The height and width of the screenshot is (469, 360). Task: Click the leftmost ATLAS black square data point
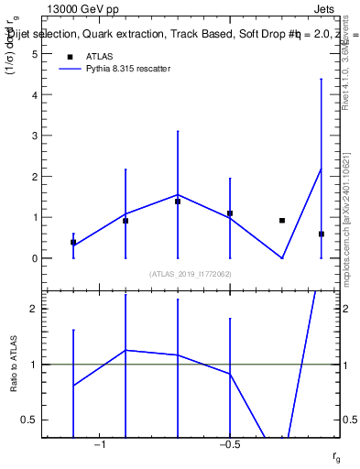tap(73, 242)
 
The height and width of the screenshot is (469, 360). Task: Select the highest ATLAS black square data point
tap(178, 202)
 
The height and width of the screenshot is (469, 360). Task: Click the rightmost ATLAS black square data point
tap(322, 234)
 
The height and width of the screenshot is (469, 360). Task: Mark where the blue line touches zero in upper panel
tap(282, 258)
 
